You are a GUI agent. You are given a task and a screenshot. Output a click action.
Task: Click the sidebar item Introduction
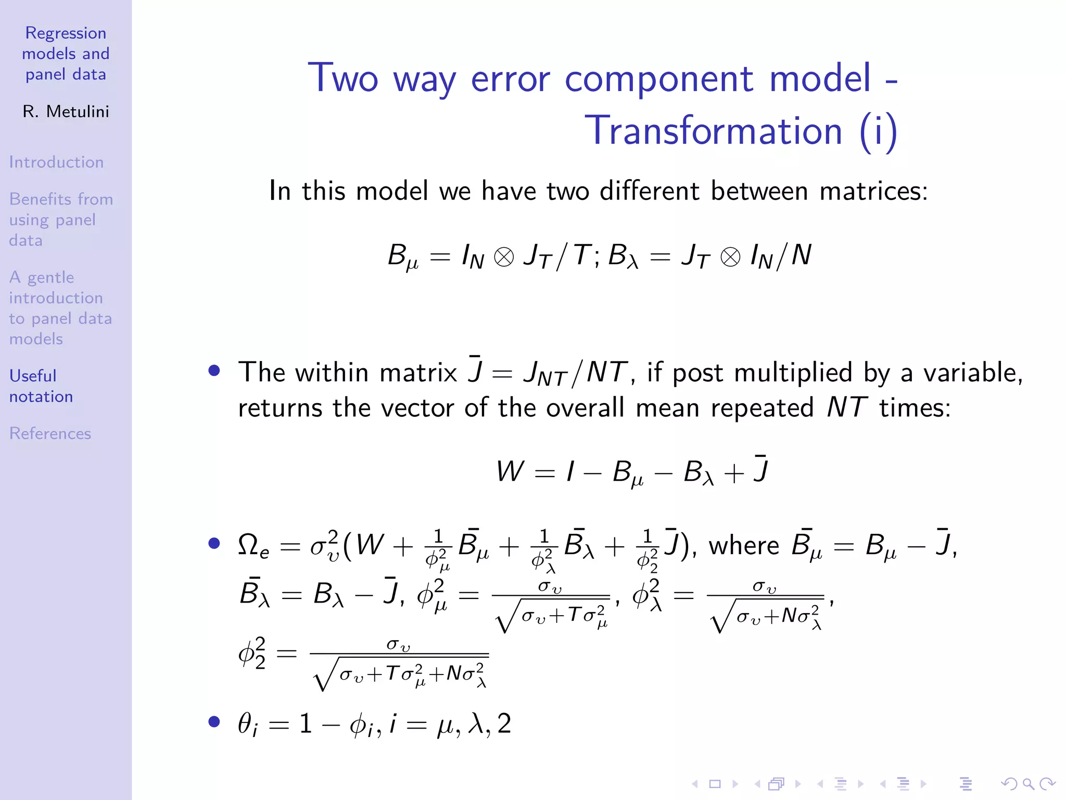click(56, 162)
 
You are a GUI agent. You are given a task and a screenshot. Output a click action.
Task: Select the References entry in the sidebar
click(50, 433)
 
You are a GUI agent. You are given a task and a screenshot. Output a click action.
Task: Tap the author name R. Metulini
click(66, 111)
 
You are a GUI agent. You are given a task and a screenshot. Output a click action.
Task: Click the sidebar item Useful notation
click(41, 386)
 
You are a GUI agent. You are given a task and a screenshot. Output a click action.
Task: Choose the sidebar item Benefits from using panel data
click(60, 219)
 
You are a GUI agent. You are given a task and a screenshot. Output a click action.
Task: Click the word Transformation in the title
click(713, 130)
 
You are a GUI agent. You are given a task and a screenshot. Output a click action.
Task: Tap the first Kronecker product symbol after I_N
click(503, 257)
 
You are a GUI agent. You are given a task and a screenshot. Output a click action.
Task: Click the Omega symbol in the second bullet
click(249, 545)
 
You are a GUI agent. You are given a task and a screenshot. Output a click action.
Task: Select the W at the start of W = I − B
click(510, 471)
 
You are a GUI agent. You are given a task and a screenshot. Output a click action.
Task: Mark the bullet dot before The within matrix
click(214, 370)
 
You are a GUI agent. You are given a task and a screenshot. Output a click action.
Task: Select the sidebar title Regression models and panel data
click(66, 54)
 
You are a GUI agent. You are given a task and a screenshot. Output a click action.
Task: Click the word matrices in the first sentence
click(873, 191)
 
